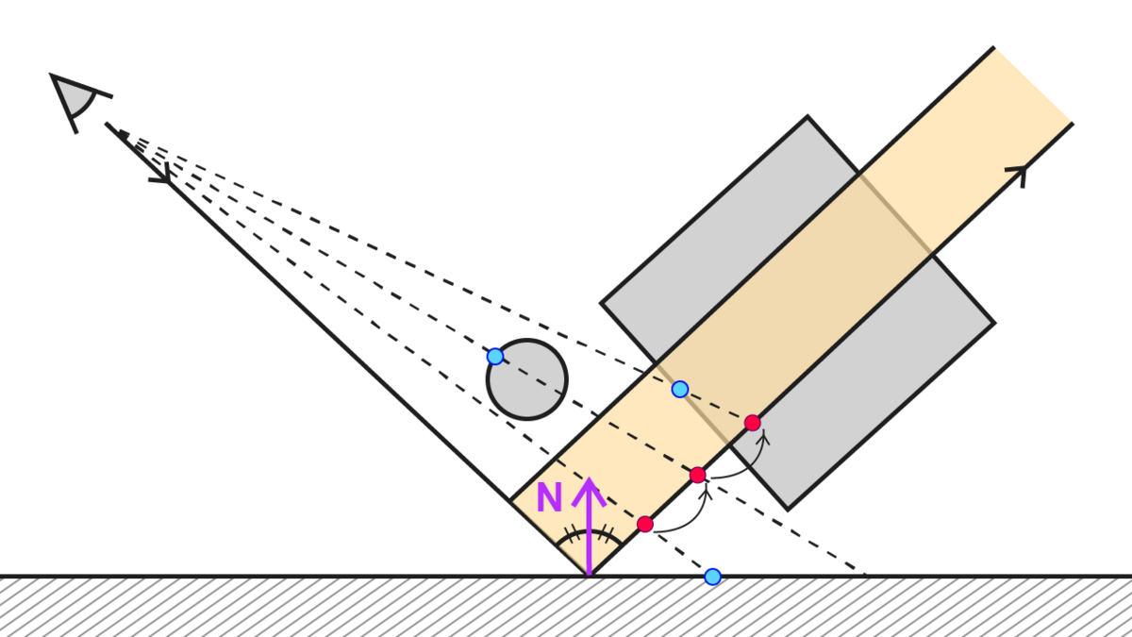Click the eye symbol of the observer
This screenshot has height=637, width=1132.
75,96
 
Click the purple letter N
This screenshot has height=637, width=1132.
549,498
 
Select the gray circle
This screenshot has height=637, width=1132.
527,379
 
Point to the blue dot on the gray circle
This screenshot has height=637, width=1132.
494,356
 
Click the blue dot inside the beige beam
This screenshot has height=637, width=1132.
679,389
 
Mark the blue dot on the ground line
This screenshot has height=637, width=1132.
712,576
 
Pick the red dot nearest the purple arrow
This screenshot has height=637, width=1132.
645,524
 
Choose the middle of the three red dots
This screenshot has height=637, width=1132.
697,475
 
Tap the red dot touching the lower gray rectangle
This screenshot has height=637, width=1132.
752,423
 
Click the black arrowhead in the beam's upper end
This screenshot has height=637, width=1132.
1019,172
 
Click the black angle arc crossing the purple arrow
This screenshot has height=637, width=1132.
587,536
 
